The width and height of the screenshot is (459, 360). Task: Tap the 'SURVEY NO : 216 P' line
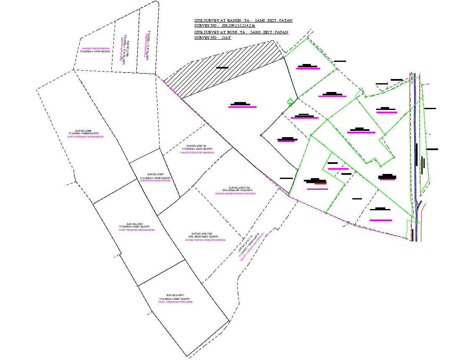click(212, 38)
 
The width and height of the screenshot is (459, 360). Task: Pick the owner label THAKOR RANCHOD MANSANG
click(197, 153)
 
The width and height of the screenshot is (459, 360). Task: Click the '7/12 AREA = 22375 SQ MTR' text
click(197, 149)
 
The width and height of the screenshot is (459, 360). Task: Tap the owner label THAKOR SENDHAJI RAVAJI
click(155, 181)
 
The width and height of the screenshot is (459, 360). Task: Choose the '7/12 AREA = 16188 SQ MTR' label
click(155, 178)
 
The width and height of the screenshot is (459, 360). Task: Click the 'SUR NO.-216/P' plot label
click(155, 174)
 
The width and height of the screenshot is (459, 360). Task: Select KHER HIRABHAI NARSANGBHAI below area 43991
click(137, 230)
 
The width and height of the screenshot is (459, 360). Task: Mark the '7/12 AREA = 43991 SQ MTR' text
click(137, 227)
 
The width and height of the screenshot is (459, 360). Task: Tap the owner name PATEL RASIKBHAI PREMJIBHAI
click(175, 302)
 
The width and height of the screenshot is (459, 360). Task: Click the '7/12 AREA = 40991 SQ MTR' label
click(175, 299)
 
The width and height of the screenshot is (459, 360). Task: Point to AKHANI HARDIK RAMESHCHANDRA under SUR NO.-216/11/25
click(235, 194)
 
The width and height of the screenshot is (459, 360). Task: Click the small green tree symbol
click(289, 102)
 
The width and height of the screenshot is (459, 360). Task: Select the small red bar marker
click(321, 183)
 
